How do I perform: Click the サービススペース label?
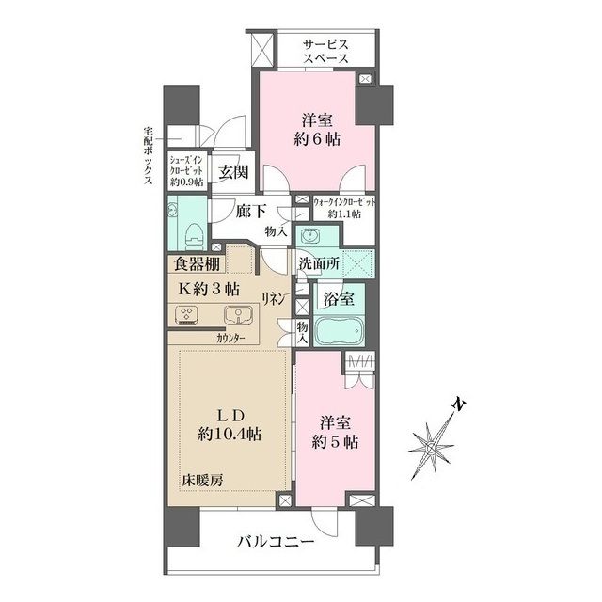point(325,51)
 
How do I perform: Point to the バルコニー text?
point(276,543)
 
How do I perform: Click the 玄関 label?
point(232,172)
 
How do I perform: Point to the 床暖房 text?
point(203,480)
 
